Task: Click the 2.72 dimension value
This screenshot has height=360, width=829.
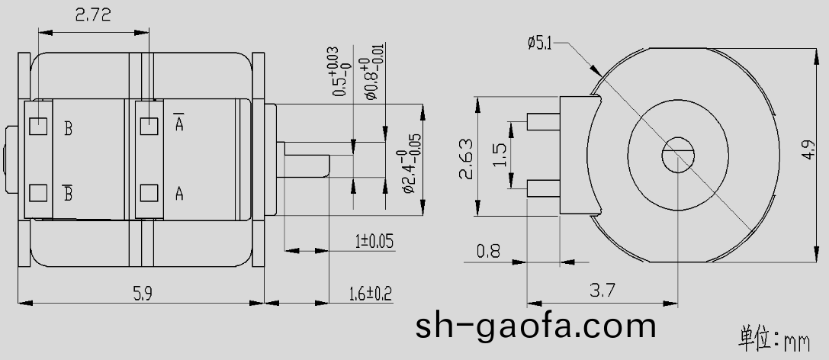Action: point(92,15)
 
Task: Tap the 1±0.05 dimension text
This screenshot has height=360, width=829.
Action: point(374,242)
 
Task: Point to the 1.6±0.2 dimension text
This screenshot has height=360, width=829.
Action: point(370,294)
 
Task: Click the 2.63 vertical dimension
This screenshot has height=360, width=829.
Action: point(466,158)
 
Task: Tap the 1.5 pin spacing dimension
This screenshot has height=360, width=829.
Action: point(500,154)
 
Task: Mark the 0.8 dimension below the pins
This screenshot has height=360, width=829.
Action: point(489,249)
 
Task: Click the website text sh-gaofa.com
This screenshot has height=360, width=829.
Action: point(535,326)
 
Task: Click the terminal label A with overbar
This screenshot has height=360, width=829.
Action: point(179,123)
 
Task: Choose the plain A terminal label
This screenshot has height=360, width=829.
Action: point(179,194)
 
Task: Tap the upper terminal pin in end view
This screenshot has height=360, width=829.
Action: point(543,121)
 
